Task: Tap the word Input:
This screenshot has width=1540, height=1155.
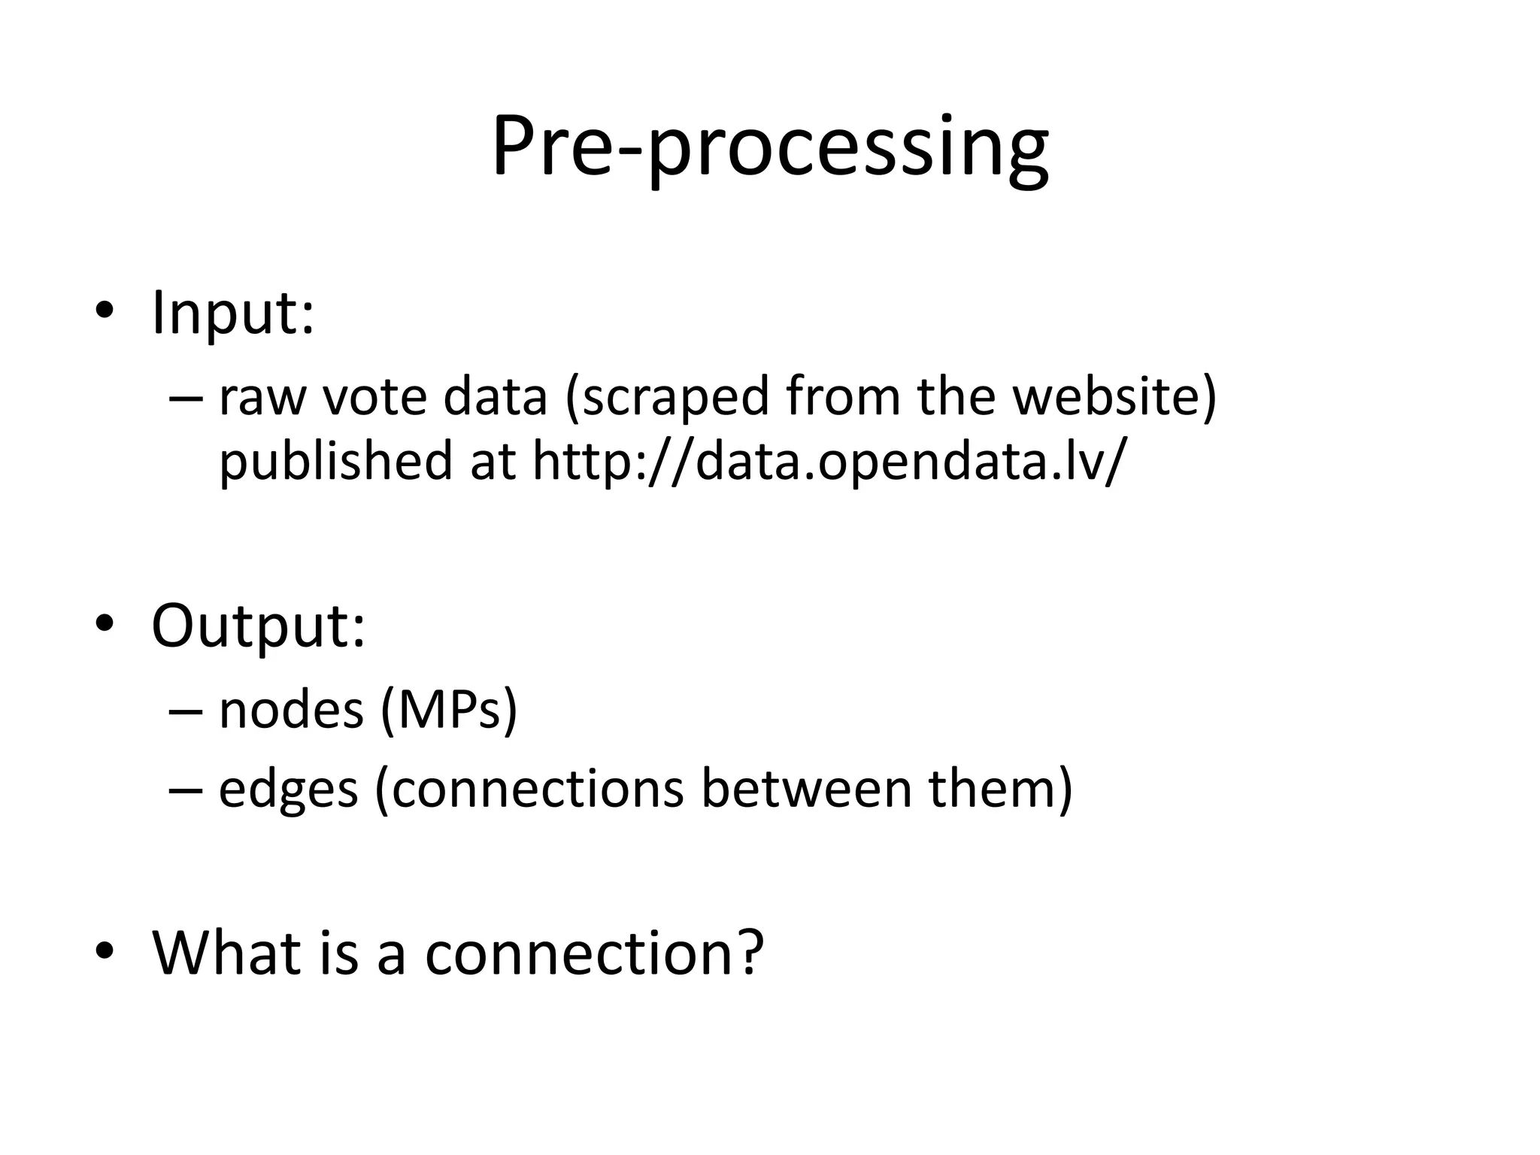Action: pos(232,313)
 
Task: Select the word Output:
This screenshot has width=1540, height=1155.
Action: pos(258,626)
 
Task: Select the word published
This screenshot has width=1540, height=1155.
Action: pos(335,460)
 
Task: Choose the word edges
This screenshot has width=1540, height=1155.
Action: pos(288,790)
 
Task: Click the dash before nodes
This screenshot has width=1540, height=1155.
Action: pos(186,711)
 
